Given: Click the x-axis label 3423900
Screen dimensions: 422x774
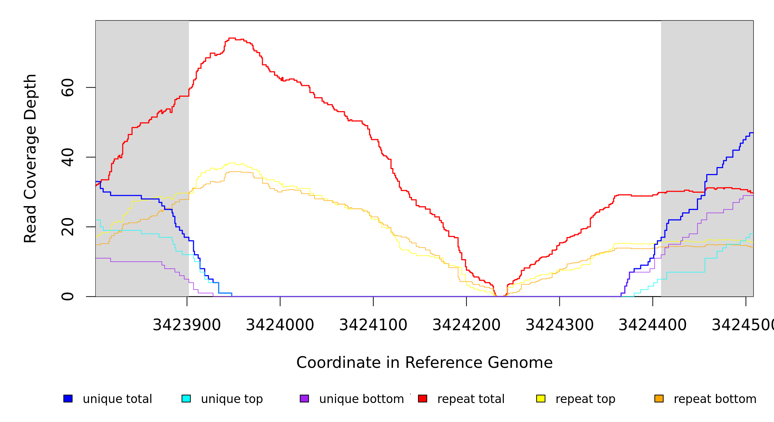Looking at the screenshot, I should tap(187, 325).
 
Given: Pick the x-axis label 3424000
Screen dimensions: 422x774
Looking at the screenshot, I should tap(280, 325).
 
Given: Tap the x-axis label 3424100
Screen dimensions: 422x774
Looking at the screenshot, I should tap(373, 325).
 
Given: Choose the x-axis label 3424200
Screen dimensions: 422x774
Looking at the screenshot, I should tap(467, 325).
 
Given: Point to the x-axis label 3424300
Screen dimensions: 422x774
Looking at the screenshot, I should tap(560, 325).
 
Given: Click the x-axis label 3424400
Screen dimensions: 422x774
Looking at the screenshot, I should tap(653, 325).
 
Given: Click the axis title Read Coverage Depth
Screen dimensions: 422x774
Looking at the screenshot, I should tap(30, 158).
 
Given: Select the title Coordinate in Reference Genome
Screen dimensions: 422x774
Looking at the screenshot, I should tap(424, 363).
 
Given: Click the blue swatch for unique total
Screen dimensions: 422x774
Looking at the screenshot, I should tap(68, 398).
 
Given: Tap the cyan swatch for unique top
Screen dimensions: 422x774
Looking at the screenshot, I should tap(186, 398).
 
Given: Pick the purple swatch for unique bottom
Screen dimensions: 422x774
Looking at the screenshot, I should tap(304, 398).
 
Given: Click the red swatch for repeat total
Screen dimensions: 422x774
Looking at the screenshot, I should tap(423, 398).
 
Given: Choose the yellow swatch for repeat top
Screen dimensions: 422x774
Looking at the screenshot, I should tap(541, 398).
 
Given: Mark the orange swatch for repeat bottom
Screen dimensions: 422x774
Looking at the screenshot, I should tap(659, 398).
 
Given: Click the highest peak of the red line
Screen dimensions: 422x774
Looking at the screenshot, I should tap(232, 38).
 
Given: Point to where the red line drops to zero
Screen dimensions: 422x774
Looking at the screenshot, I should tap(500, 296).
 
